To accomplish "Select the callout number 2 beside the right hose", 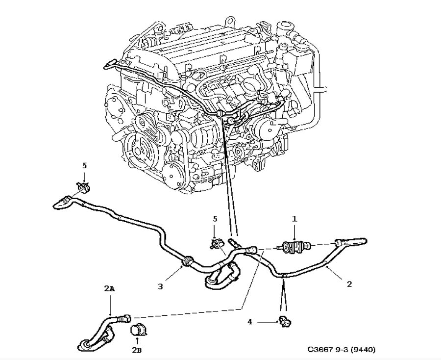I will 349,284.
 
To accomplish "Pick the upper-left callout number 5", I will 84,166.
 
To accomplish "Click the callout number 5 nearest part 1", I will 214,219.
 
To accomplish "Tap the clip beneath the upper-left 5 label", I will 83,187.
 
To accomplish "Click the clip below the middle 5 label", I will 214,242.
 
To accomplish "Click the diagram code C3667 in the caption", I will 320,350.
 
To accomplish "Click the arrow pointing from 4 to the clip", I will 267,322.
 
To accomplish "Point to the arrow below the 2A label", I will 110,304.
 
